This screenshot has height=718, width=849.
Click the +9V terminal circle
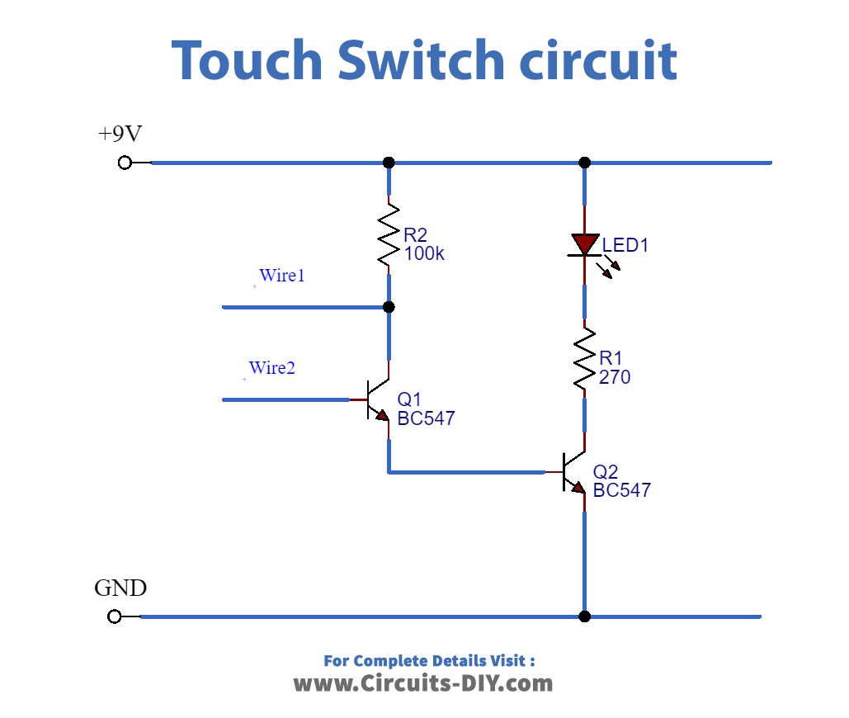pyautogui.click(x=125, y=163)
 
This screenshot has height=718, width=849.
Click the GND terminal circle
pyautogui.click(x=115, y=616)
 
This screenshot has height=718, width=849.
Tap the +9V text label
pyautogui.click(x=120, y=134)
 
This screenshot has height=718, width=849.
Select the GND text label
pyautogui.click(x=120, y=588)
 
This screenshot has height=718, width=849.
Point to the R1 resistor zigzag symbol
pyautogui.click(x=585, y=358)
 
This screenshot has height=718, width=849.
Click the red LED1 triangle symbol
pyautogui.click(x=585, y=244)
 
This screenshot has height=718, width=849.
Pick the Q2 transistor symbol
pyautogui.click(x=573, y=473)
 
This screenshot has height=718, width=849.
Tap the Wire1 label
pyautogui.click(x=282, y=276)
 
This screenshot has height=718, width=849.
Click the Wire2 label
pyautogui.click(x=272, y=368)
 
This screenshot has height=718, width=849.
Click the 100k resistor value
pyautogui.click(x=424, y=254)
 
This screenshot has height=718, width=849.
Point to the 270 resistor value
pyautogui.click(x=615, y=378)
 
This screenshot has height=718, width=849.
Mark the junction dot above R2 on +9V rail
pyautogui.click(x=389, y=163)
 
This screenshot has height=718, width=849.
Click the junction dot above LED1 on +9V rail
pyautogui.click(x=585, y=163)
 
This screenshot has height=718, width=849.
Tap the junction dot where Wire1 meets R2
pyautogui.click(x=389, y=307)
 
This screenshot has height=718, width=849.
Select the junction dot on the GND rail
pyautogui.click(x=585, y=616)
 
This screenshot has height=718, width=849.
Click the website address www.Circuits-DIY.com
pyautogui.click(x=423, y=683)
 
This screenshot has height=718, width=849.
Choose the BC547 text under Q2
pyautogui.click(x=621, y=490)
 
